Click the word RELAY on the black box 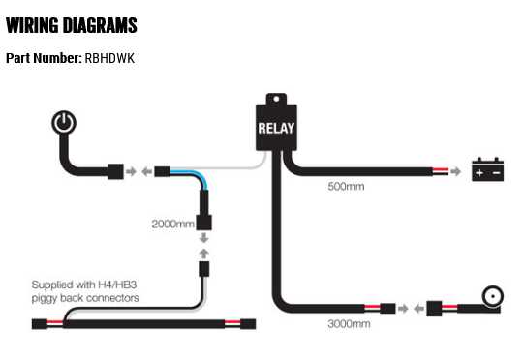pos(276,127)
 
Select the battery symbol pos(487,171)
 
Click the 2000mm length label pos(171,224)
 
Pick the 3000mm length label pos(349,324)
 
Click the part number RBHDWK pos(108,58)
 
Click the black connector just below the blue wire pos(205,207)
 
